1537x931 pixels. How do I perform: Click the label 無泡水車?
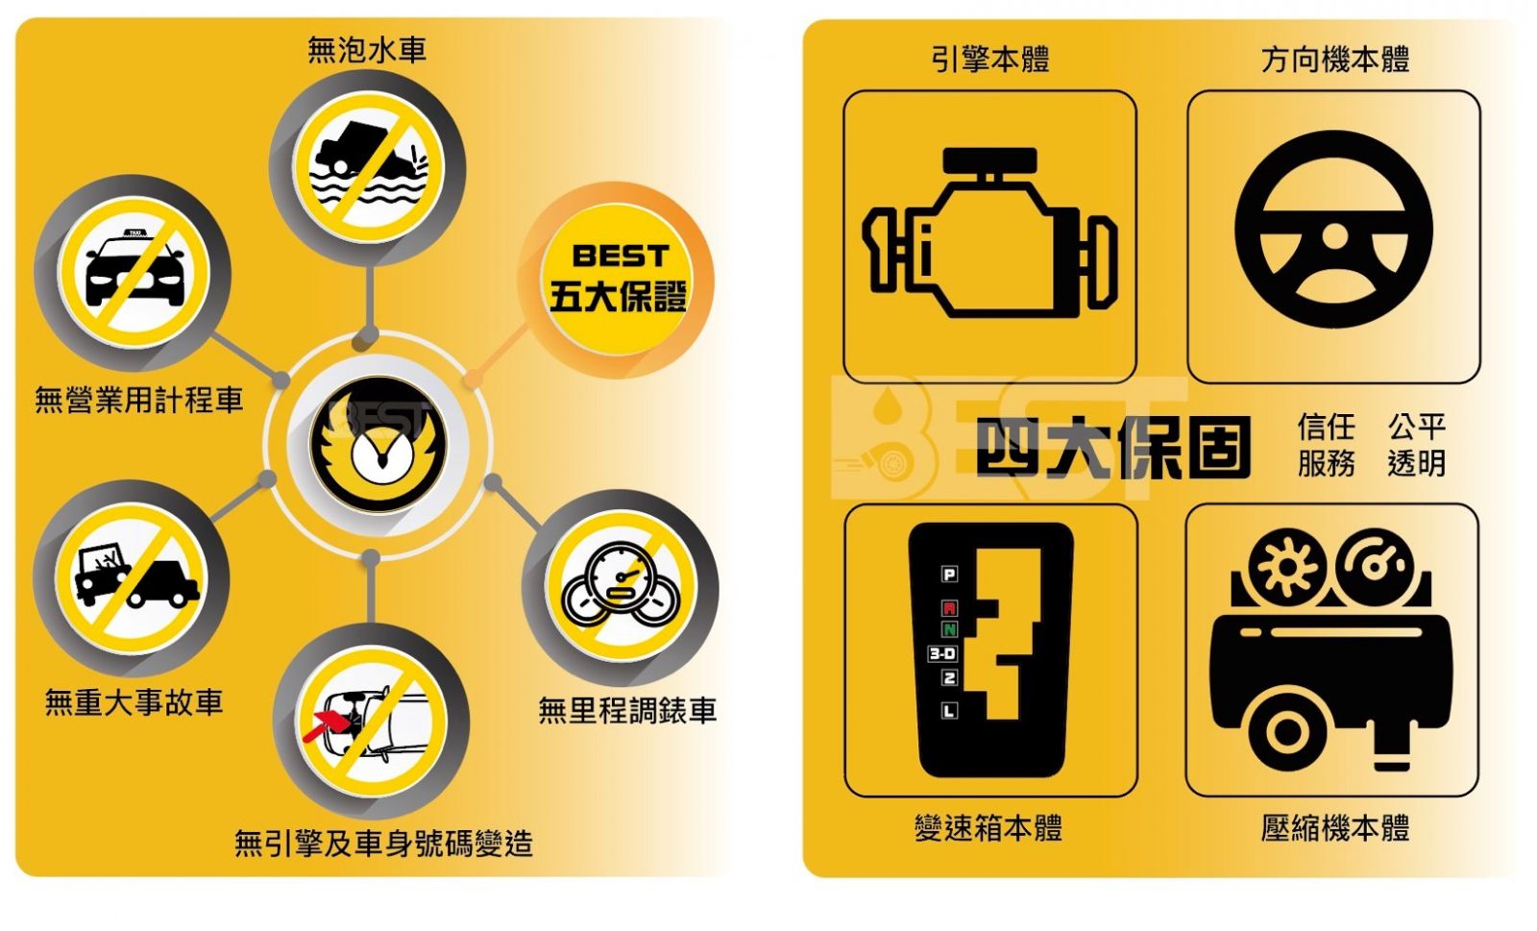[367, 50]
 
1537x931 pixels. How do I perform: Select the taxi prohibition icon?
[134, 272]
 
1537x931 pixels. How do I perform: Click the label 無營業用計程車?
[139, 400]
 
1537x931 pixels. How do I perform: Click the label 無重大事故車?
[134, 701]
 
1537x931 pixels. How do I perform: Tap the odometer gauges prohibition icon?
[621, 587]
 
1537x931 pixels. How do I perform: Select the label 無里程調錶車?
[627, 710]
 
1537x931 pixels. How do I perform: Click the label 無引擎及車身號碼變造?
[383, 844]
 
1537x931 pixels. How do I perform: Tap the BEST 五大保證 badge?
[617, 280]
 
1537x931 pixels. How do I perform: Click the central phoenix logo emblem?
[378, 444]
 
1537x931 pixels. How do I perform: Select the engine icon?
[989, 233]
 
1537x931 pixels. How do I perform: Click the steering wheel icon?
[1333, 230]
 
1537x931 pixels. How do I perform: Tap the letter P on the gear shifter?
[950, 575]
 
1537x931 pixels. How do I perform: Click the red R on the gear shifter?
[950, 608]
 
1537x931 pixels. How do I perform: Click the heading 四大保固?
[1113, 448]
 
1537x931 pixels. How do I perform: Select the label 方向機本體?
[1335, 60]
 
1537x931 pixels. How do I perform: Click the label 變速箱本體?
[988, 828]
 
